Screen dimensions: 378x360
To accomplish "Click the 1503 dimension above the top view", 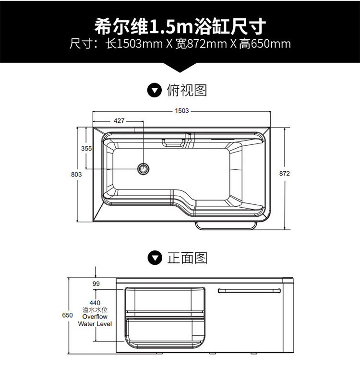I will click(x=181, y=111).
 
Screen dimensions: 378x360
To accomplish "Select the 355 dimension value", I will click(x=86, y=149).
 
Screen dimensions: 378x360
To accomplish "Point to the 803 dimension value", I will click(x=76, y=175).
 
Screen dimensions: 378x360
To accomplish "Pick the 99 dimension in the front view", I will click(x=96, y=284).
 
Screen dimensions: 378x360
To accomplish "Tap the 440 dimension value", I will click(x=95, y=303).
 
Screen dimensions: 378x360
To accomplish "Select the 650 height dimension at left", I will click(x=67, y=316).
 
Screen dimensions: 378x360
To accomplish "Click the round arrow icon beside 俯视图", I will click(x=154, y=90).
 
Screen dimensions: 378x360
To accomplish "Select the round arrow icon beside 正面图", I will click(x=154, y=259).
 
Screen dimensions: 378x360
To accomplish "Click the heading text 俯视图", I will click(x=187, y=90).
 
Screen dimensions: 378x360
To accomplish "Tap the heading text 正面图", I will click(x=187, y=259).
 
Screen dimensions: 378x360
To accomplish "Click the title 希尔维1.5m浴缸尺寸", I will click(x=180, y=26).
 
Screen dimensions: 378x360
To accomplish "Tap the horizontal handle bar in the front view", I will click(x=249, y=290).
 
